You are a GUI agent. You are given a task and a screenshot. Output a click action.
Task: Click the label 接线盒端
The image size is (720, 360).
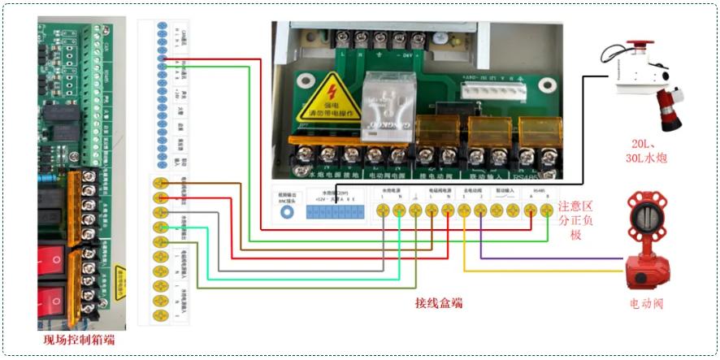pyautogui.click(x=439, y=303)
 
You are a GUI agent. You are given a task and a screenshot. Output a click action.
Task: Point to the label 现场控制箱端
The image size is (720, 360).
pyautogui.click(x=79, y=340)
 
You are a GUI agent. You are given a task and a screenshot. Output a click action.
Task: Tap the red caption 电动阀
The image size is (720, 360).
pyautogui.click(x=647, y=304)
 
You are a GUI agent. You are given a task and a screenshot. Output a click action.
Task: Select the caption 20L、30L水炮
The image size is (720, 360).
pyautogui.click(x=647, y=151)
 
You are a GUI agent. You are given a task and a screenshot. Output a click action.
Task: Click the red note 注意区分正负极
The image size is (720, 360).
pyautogui.click(x=579, y=221)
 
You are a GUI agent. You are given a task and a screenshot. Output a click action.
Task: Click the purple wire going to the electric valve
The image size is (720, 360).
pyautogui.click(x=553, y=258)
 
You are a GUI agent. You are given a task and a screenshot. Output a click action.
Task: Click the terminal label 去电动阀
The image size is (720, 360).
pyautogui.click(x=471, y=192)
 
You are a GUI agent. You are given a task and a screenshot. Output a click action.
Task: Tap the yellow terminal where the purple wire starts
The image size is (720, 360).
pyautogui.click(x=479, y=210)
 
